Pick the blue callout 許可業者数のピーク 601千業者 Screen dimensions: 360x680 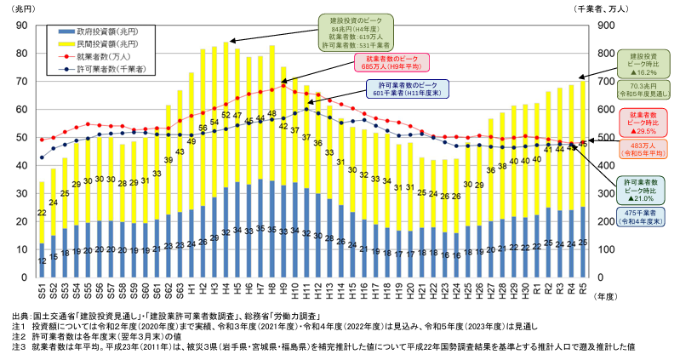[408, 90]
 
